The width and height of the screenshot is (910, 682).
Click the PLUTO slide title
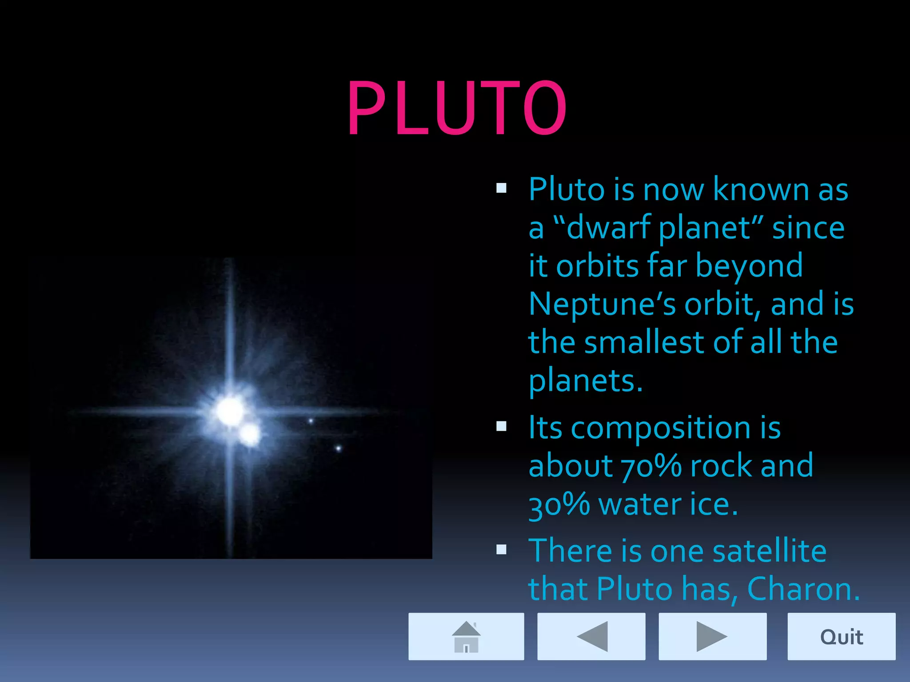[457, 108]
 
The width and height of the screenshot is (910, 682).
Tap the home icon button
[466, 636]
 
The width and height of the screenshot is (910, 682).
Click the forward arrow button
[712, 636]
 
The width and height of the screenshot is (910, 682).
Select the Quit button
[841, 636]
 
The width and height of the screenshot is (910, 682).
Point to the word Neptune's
[602, 305]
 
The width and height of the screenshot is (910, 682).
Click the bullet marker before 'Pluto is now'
[501, 188]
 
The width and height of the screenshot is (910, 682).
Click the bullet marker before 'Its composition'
[501, 427]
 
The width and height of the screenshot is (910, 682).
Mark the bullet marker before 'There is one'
[501, 550]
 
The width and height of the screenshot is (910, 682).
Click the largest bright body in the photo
[230, 411]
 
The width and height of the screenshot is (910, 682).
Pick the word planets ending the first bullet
[585, 381]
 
